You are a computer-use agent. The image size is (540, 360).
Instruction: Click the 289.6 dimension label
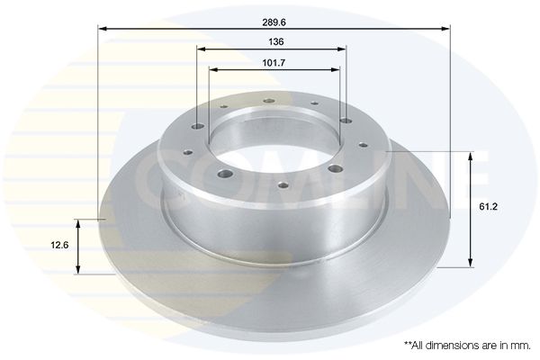274,22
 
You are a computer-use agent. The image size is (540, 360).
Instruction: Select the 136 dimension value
276,42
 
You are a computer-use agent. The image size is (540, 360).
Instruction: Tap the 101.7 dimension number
274,63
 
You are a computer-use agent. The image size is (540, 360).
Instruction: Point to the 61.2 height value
489,207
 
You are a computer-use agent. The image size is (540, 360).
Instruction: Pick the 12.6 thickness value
59,246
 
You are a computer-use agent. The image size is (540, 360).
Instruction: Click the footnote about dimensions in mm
467,346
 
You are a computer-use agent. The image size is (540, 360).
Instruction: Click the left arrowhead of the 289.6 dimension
103,29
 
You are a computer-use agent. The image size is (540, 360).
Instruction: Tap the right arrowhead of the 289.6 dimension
445,29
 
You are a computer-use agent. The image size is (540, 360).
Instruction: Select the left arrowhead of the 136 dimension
202,49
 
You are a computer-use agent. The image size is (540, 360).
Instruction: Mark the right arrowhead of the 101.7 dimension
336,70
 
